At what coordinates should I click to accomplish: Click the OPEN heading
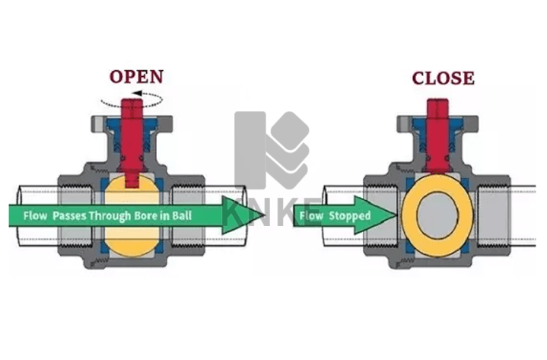point(136,77)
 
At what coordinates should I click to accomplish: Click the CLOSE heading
point(443,78)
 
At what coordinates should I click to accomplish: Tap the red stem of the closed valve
point(437,122)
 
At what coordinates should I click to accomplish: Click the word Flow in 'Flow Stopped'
point(310,216)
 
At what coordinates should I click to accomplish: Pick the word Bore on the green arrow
point(151,216)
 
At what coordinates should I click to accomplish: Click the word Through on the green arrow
point(113,216)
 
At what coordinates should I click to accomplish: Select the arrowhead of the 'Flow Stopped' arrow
point(386,215)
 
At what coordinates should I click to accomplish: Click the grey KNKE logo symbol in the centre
point(271,152)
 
